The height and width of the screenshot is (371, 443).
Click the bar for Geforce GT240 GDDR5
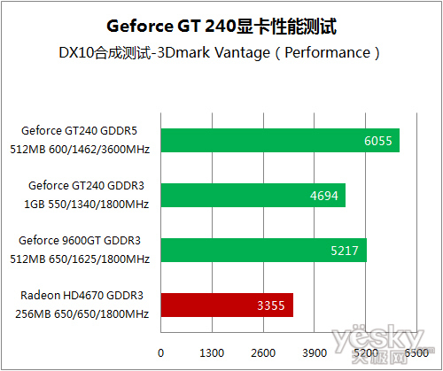(280, 141)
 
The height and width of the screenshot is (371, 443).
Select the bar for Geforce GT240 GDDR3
(253, 196)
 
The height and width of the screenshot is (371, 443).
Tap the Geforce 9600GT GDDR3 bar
(264, 251)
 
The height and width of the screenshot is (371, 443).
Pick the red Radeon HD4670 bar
(227, 305)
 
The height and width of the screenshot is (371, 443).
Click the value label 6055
(378, 141)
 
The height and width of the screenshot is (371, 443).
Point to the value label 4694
(324, 196)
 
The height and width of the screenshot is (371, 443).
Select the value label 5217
(345, 251)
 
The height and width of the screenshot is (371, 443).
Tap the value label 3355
(271, 305)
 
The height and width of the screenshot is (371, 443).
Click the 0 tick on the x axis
(160, 352)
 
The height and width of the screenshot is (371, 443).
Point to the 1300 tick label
(212, 352)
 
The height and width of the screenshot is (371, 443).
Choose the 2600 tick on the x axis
(263, 352)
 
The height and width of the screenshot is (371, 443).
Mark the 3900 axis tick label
(315, 352)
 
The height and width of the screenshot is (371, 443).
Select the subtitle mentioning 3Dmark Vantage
(219, 53)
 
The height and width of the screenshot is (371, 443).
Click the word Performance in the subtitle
(327, 52)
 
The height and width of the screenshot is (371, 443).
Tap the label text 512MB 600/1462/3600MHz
(80, 149)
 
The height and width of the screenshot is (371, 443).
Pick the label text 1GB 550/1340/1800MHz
(86, 204)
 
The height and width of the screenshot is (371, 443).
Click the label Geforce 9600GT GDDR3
(80, 241)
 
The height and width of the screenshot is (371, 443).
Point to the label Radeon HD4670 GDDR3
(82, 296)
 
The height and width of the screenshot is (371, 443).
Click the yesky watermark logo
(381, 343)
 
